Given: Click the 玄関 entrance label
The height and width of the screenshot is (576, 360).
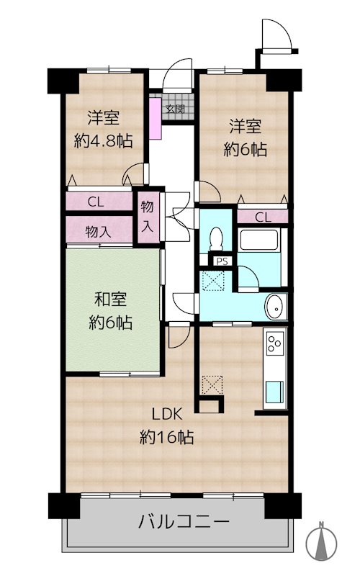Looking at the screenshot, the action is (x=175, y=109).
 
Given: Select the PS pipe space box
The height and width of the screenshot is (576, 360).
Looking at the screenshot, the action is (x=222, y=261).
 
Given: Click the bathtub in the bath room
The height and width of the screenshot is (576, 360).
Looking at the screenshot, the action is (x=258, y=240).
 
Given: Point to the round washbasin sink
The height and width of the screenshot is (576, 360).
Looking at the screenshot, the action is (x=275, y=307).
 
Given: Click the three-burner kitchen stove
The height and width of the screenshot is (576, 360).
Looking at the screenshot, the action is (x=276, y=343).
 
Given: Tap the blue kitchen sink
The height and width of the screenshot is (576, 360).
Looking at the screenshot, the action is (x=275, y=392).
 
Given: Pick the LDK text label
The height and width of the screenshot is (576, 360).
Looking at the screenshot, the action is (x=167, y=415).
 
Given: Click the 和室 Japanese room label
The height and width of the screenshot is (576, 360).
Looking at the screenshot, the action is (x=110, y=299).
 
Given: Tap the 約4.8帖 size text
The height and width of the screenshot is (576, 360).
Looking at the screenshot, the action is (x=103, y=140).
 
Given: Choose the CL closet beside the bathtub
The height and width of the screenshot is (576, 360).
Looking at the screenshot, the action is (x=263, y=217).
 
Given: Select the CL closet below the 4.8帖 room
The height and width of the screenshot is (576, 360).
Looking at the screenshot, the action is (x=99, y=202).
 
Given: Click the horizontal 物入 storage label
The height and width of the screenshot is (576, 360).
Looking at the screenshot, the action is (x=98, y=232).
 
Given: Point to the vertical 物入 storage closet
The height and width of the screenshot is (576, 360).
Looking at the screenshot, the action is (x=148, y=217).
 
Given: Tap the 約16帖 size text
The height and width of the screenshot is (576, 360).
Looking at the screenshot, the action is (x=167, y=437).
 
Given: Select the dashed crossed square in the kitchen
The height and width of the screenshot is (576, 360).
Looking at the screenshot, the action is (x=212, y=385).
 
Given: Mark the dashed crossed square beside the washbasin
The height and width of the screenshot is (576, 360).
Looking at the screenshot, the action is (x=212, y=281).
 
